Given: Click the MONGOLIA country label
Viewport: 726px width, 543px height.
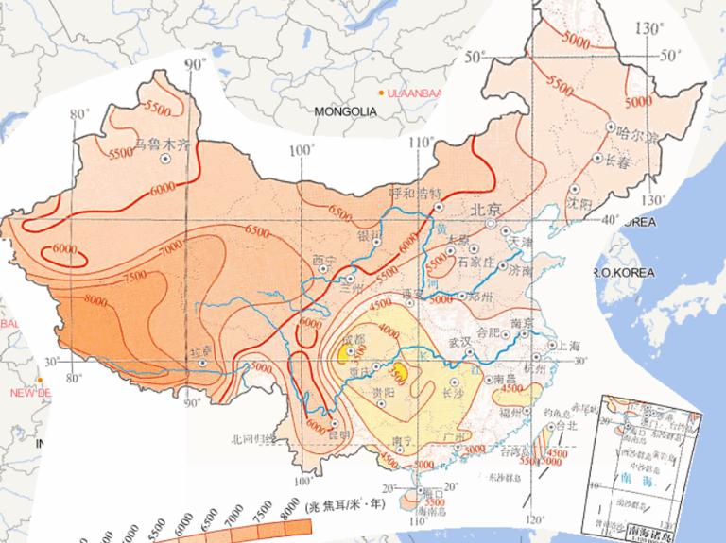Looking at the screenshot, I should [x=345, y=111].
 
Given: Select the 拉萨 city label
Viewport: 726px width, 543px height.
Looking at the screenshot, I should [x=199, y=349].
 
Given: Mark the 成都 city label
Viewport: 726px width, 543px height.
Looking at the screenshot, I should [x=353, y=337].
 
